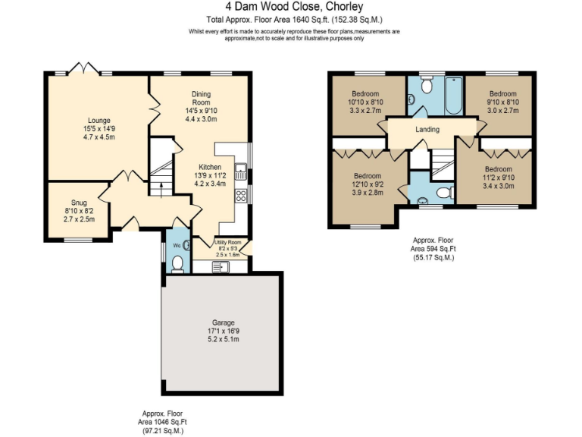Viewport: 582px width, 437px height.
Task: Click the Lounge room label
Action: point(99,120)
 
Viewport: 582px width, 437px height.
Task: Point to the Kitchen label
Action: point(210,167)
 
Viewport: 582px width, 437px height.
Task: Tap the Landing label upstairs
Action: point(427,130)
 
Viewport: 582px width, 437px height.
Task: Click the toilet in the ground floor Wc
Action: point(177,263)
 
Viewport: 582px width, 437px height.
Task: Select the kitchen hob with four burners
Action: point(242,196)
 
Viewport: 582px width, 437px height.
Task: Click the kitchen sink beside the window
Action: point(242,171)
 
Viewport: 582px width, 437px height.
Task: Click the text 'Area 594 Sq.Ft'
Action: point(433,249)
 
